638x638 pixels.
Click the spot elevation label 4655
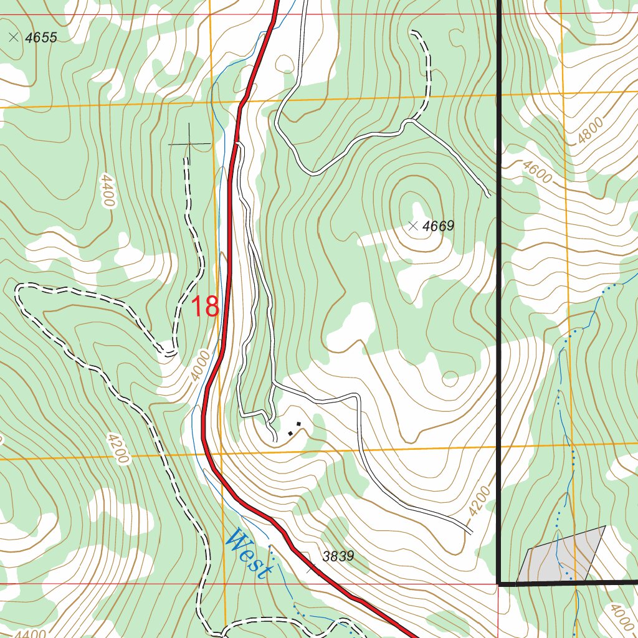[x=41, y=38]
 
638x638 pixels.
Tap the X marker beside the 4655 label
[x=14, y=37]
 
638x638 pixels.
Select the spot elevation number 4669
[x=438, y=226]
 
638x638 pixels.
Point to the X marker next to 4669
[x=413, y=226]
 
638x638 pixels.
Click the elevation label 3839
[x=338, y=556]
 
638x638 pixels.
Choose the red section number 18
[x=204, y=307]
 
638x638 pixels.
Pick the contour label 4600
[x=537, y=172]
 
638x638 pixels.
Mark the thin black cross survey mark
[x=189, y=144]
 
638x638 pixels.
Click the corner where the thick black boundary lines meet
[x=500, y=583]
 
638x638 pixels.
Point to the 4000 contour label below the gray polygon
[x=621, y=617]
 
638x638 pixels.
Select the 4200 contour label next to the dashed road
[x=117, y=448]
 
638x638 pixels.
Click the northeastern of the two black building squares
[x=298, y=424]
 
